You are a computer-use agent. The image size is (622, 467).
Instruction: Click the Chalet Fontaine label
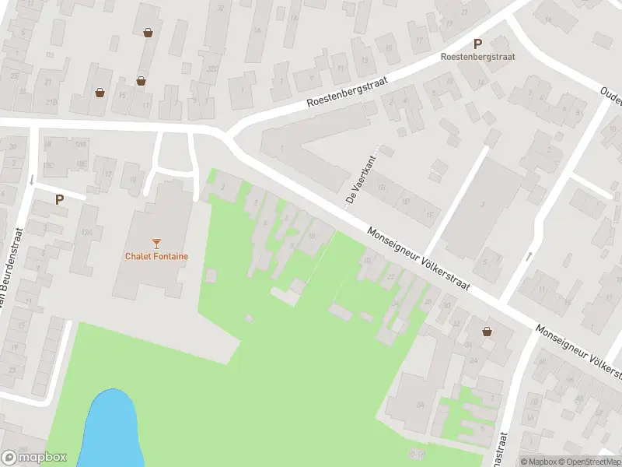point(156,256)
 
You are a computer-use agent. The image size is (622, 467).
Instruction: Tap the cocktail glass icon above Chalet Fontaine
point(156,243)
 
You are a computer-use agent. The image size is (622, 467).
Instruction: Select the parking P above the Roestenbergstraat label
point(477,44)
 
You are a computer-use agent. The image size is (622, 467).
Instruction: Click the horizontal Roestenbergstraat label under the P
point(477,56)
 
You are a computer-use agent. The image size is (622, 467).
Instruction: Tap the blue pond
point(109,428)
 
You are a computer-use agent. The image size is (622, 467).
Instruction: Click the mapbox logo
point(34,458)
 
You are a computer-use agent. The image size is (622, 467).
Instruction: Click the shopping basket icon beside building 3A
point(487,331)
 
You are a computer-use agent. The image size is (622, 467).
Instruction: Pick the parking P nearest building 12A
point(59,199)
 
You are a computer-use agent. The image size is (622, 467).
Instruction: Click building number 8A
point(420,404)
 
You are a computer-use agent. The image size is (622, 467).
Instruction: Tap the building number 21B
point(51,101)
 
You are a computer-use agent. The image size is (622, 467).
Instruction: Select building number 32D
point(212,68)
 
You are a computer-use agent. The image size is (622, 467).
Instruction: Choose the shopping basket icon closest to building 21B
point(100,92)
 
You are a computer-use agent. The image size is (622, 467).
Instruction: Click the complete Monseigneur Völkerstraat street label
point(420,259)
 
